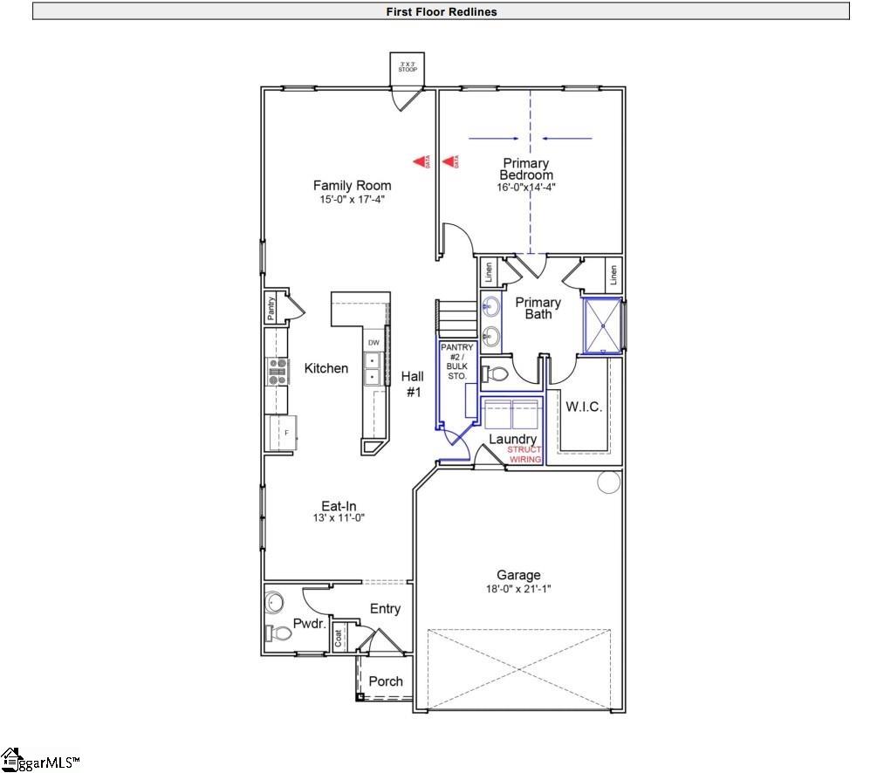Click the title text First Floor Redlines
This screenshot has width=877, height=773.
pos(441,11)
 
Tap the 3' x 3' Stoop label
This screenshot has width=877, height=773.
pos(408,67)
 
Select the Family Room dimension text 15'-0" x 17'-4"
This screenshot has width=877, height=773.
pos(352,200)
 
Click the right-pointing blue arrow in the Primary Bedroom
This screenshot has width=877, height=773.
pos(494,139)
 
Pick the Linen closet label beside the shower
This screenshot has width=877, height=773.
pos(613,275)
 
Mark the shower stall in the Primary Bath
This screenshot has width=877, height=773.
pos(601,325)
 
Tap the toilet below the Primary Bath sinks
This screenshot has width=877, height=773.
pos(496,374)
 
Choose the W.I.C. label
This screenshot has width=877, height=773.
pos(584,407)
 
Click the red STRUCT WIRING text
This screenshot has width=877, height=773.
pos(524,455)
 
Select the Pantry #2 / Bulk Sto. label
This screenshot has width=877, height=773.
pos(456,362)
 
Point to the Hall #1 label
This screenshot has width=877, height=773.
pos(412,385)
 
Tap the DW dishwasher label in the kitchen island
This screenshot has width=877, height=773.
pos(373,342)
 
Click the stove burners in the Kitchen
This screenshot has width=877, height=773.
pos(277,372)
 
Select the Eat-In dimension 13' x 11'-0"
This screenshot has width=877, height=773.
pos(338,518)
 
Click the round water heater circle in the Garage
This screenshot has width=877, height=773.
pos(608,482)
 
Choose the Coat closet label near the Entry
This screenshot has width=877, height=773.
pos(339,637)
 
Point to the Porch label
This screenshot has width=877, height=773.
pos(386,681)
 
